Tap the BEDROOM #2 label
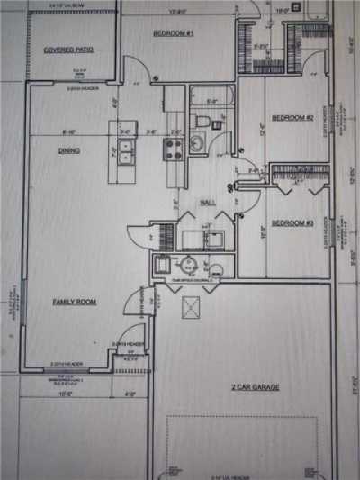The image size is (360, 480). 292,118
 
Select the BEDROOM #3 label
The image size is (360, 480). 292,222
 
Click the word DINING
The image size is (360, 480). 68,150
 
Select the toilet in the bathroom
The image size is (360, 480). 203,122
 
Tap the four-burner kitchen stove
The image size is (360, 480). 172,149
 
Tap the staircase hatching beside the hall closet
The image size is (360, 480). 166,236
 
